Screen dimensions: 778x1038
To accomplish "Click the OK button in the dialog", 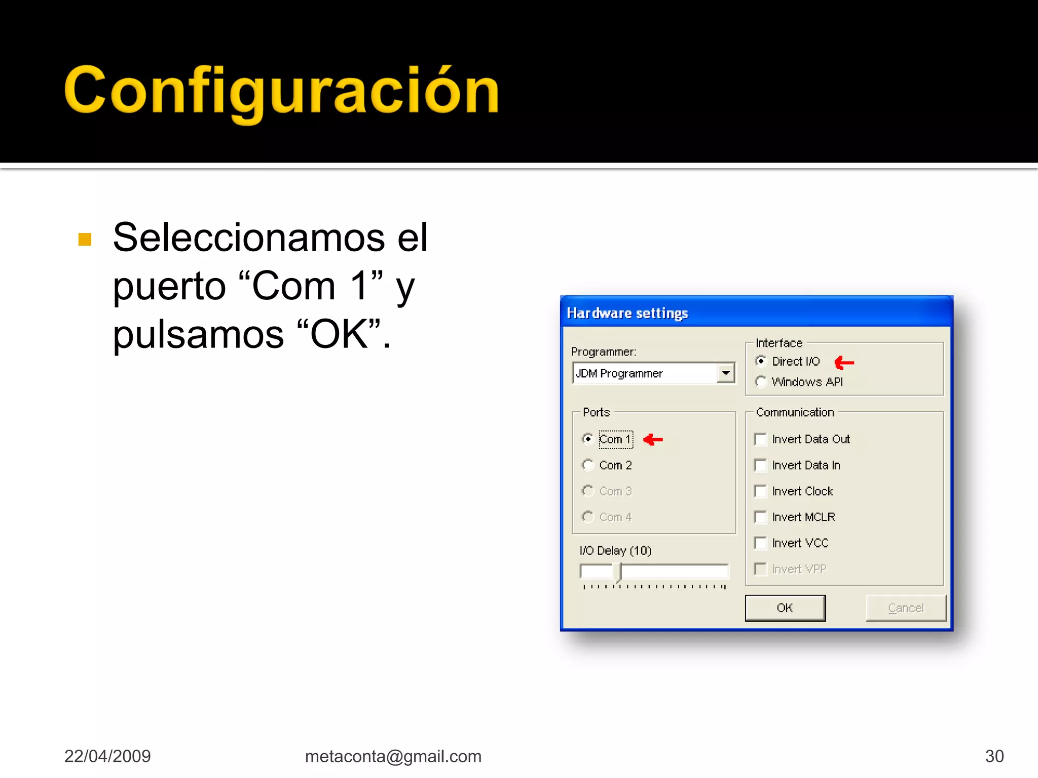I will click(785, 608).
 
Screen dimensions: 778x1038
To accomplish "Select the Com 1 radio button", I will click(588, 439).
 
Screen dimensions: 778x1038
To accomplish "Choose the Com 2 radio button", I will click(588, 465).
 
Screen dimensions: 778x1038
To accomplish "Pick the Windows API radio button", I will click(761, 382).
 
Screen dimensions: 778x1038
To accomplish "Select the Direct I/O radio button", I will click(761, 361).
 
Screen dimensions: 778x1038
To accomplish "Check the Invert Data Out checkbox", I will click(760, 439).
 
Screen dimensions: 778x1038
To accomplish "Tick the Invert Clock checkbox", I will click(760, 491).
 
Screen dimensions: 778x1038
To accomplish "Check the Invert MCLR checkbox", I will click(760, 517).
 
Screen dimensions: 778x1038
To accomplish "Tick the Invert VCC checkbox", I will click(760, 543).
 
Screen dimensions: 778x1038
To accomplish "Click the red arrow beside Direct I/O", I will click(844, 362).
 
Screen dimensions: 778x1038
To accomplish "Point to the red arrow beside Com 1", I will click(653, 440).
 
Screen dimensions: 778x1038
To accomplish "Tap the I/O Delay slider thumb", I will click(617, 572).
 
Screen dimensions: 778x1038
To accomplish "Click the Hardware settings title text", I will click(627, 313).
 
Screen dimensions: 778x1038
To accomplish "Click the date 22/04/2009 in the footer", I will click(107, 756).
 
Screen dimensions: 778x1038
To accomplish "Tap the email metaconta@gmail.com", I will click(393, 756).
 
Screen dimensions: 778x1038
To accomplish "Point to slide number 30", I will click(994, 756).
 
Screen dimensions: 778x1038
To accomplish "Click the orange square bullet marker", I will click(85, 239).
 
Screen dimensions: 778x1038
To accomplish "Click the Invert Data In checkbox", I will click(760, 465).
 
